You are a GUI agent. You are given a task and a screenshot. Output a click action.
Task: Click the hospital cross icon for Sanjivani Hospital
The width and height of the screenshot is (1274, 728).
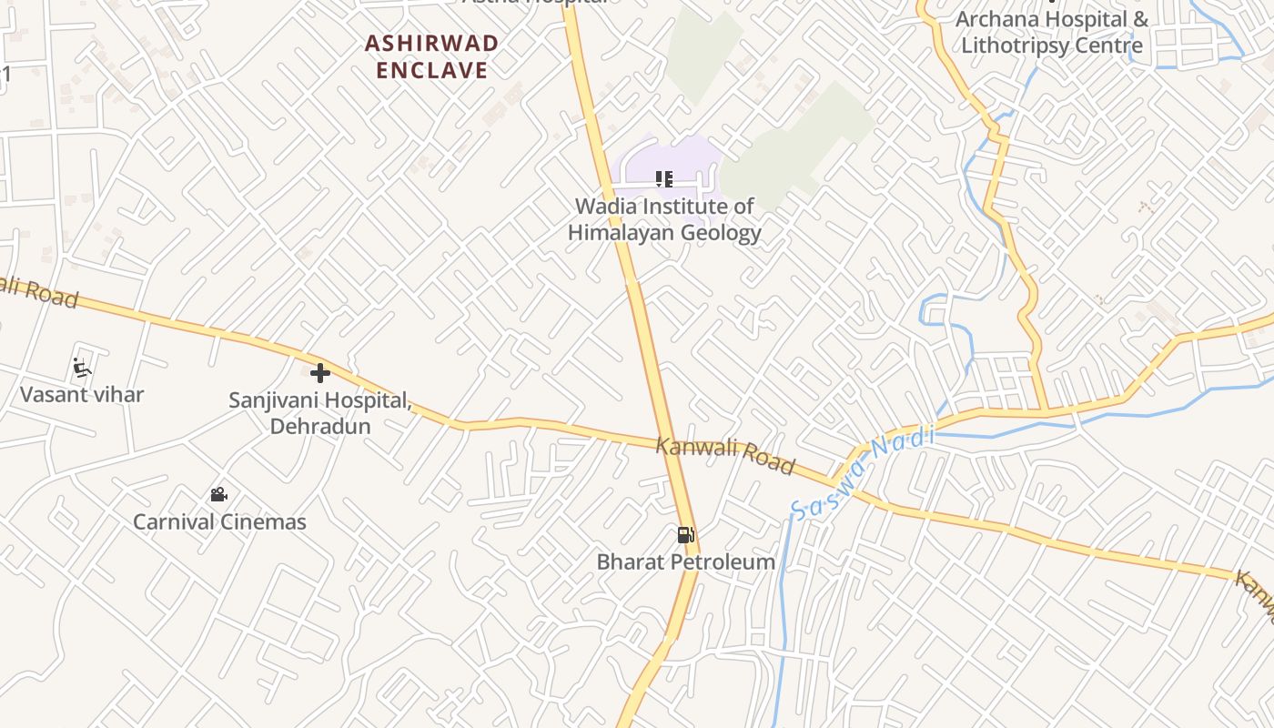(319, 372)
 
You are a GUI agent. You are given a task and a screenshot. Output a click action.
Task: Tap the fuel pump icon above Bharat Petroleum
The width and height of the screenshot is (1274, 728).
(686, 535)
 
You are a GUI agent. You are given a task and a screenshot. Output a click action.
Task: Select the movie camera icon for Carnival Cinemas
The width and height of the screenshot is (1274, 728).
(218, 495)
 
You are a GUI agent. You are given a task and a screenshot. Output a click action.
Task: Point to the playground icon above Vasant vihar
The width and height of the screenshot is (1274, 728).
(82, 368)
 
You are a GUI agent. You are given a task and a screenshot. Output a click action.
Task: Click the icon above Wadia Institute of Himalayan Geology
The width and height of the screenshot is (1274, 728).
(664, 179)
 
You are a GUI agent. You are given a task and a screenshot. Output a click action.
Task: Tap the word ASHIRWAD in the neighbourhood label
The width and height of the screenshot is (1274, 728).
(432, 44)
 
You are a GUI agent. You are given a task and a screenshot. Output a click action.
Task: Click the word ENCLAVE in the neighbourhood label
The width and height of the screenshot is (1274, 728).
(432, 70)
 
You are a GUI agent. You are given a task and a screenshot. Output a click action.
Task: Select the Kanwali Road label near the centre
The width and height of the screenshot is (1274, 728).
(724, 454)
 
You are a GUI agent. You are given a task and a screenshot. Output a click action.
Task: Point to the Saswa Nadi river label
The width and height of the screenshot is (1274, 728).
(862, 473)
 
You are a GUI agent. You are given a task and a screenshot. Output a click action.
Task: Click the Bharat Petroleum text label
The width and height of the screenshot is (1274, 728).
(686, 561)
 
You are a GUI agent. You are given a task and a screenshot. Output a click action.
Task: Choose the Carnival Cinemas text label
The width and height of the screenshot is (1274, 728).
(219, 521)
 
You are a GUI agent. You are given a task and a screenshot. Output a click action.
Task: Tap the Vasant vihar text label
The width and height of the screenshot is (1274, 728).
(82, 395)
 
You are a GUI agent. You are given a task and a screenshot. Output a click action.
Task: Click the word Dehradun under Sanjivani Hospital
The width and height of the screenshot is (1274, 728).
(320, 426)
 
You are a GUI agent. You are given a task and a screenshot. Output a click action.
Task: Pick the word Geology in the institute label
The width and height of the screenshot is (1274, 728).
(720, 233)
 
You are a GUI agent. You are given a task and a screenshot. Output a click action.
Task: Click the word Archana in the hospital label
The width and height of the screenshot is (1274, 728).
(996, 19)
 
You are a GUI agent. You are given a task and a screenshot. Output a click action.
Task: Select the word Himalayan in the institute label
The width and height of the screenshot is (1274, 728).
(621, 233)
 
